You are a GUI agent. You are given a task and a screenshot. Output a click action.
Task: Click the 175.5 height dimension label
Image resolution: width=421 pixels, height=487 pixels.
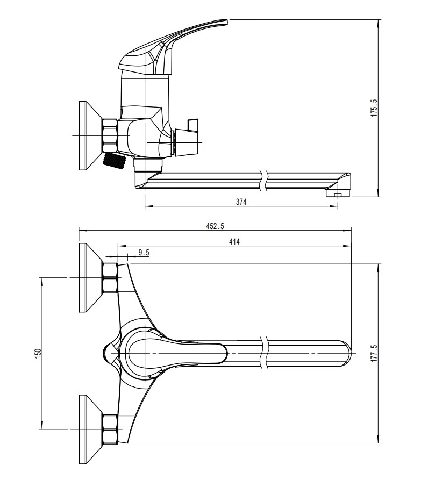(374, 108)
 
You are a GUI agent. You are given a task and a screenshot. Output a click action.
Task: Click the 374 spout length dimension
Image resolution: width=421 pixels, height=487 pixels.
(241, 202)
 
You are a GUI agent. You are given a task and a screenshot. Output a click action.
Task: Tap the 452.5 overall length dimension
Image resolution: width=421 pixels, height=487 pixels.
(215, 226)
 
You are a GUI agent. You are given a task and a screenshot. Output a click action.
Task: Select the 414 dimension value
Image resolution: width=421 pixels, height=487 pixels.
(234, 241)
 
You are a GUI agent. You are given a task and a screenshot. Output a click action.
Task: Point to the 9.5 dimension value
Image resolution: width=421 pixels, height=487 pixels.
(144, 253)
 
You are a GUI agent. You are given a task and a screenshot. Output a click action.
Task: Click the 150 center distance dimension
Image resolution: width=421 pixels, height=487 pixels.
(38, 354)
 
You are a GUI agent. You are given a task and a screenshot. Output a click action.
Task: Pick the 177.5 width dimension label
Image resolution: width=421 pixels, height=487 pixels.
(374, 353)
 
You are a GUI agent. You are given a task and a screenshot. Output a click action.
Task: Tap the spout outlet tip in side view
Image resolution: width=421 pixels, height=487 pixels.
(338, 194)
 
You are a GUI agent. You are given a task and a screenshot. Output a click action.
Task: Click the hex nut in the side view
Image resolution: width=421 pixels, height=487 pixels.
(110, 135)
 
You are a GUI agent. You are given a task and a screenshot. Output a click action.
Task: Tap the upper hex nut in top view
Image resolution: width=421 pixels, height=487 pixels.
(110, 278)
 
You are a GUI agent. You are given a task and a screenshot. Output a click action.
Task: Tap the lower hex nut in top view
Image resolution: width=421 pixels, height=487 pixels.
(110, 429)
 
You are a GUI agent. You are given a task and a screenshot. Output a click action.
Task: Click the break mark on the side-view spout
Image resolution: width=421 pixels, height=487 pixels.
(264, 180)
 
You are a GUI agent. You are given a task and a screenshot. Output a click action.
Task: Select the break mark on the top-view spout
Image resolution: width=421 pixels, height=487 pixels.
(265, 353)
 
